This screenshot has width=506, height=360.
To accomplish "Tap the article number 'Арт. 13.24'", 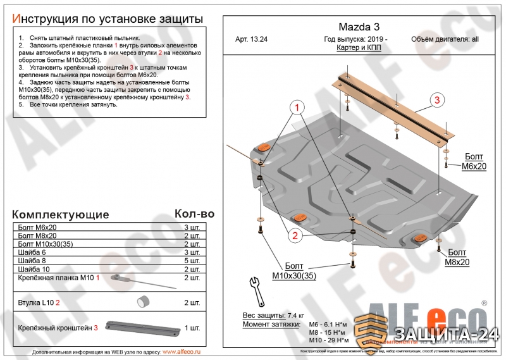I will click(252, 39).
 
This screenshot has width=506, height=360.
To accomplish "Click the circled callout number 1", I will click(295, 108).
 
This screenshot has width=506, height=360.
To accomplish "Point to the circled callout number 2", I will click(295, 236).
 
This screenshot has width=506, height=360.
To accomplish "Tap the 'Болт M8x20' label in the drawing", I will click(457, 256).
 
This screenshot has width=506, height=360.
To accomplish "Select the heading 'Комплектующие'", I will click(60, 214).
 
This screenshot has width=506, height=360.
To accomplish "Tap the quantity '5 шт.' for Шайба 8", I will click(191, 261).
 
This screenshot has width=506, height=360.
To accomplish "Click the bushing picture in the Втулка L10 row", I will click(144, 301).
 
